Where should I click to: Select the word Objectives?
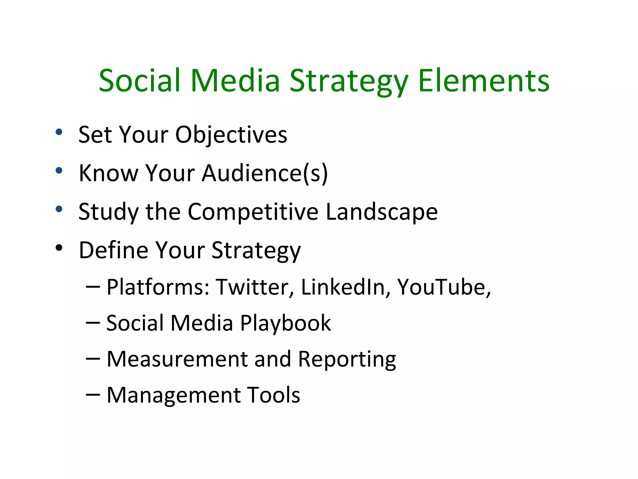[x=231, y=135]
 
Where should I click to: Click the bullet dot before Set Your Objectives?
[x=59, y=132]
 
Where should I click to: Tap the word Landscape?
[x=382, y=212]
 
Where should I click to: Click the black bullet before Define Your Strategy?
[x=59, y=248]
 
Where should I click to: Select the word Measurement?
[x=177, y=359]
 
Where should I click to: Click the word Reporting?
[x=347, y=360]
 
